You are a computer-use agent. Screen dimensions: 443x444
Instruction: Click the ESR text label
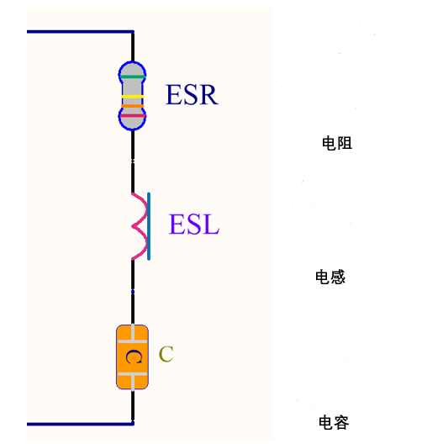click(x=192, y=94)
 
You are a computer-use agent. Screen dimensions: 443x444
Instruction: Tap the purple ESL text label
click(x=194, y=224)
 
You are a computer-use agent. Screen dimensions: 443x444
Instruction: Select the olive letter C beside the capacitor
click(x=166, y=354)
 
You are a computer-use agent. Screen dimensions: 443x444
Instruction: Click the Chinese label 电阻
click(x=337, y=143)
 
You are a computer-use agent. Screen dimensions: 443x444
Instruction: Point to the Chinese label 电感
click(x=330, y=277)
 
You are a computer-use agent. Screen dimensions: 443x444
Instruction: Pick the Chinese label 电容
click(x=334, y=422)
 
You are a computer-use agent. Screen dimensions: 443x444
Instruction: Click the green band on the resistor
click(x=132, y=77)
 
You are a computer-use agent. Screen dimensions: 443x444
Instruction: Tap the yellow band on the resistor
click(x=132, y=97)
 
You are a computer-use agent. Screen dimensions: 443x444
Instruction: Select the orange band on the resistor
click(x=132, y=106)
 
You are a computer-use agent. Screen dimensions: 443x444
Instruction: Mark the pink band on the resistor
click(x=132, y=115)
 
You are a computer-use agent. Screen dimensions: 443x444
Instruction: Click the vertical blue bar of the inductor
click(x=149, y=226)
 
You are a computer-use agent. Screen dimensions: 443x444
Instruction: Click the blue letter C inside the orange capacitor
click(x=134, y=357)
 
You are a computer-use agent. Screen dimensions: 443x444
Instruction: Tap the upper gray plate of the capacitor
click(x=133, y=341)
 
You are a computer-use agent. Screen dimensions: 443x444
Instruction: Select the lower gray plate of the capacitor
click(x=133, y=374)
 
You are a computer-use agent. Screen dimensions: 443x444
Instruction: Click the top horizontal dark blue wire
click(x=81, y=32)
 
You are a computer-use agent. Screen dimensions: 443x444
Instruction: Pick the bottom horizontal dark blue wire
click(x=81, y=424)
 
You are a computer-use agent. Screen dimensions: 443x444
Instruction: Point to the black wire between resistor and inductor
click(x=133, y=161)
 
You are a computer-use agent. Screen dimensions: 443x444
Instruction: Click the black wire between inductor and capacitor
click(x=133, y=292)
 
